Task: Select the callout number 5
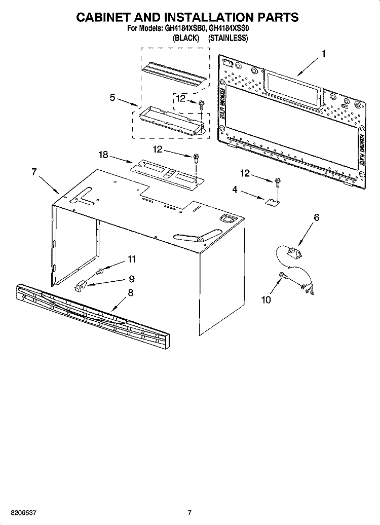pos(112,97)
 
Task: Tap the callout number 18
pos(103,155)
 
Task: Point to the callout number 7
pos(34,172)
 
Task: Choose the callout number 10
pos(266,299)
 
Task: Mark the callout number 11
pos(132,259)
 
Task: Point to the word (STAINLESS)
pos(228,38)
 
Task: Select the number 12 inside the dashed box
pos(181,99)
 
